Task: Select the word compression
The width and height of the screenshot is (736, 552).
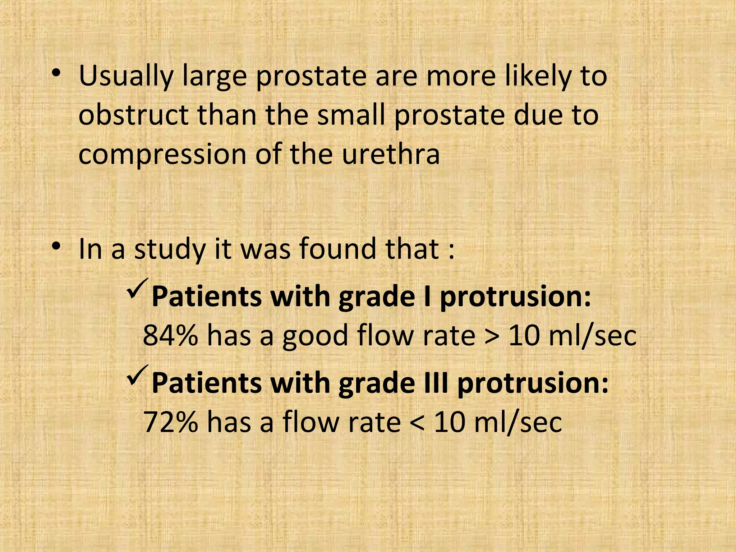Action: pos(162,155)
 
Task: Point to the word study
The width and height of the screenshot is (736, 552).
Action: pos(169,250)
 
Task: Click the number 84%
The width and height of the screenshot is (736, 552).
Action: pos(170,335)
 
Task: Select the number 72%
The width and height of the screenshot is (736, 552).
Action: pos(170,422)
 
